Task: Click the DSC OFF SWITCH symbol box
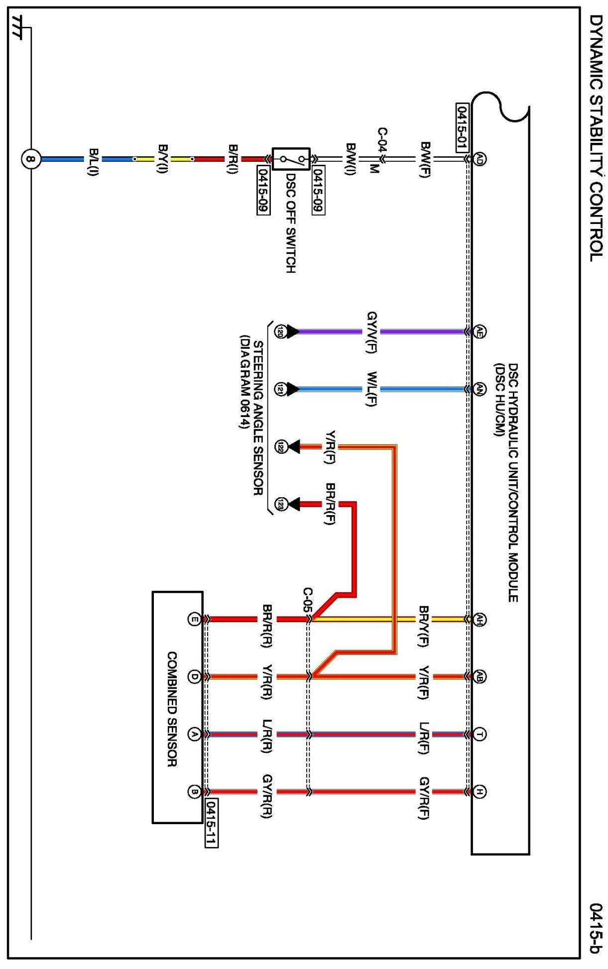tap(291, 159)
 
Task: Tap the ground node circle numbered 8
tap(31, 159)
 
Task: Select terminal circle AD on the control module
tap(479, 159)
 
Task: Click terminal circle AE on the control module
tap(479, 331)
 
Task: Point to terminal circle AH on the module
tap(479, 619)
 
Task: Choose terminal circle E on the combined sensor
tap(194, 619)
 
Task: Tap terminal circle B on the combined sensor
tap(194, 791)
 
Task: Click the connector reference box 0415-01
tap(462, 127)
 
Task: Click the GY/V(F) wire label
tap(371, 332)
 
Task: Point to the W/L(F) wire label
tap(371, 389)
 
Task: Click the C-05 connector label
tap(308, 600)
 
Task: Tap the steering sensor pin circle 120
tap(280, 332)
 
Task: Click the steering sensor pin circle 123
tap(281, 505)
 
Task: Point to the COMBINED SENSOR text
tap(172, 709)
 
